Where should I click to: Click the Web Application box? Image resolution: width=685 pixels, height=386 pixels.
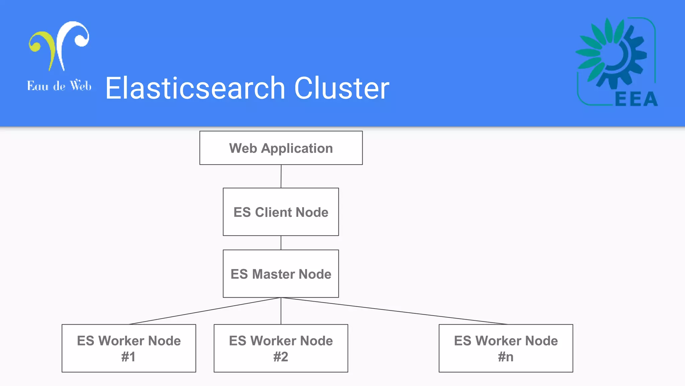(281, 148)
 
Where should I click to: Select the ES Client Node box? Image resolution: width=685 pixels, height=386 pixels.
(281, 212)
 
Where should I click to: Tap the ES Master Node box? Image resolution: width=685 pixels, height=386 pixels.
(281, 274)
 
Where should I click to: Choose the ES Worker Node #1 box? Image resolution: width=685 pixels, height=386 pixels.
(129, 348)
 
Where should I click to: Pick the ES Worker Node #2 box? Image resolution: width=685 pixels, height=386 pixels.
(281, 348)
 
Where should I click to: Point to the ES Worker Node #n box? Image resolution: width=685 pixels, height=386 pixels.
(506, 348)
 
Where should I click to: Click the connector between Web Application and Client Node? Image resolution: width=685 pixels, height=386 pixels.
(281, 176)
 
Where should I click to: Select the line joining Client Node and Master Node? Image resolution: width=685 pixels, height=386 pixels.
(281, 243)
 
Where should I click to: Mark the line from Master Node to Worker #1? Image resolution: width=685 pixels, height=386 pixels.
(205, 311)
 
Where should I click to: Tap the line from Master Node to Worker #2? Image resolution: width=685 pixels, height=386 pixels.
(281, 311)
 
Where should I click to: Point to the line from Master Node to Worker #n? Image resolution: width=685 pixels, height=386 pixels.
(394, 311)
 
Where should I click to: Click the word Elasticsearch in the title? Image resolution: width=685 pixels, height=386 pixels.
(195, 88)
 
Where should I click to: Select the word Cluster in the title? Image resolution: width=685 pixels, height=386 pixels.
(342, 88)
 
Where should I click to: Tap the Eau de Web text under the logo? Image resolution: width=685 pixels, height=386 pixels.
(59, 86)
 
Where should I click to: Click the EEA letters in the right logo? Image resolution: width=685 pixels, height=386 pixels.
(636, 99)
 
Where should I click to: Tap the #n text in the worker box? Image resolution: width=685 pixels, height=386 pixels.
(506, 357)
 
